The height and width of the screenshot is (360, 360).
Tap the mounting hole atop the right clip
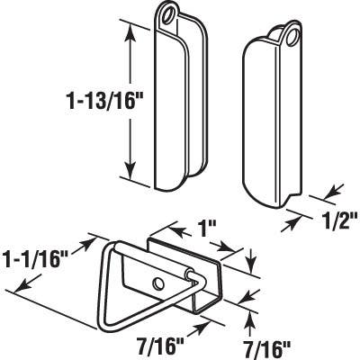tap(293, 35)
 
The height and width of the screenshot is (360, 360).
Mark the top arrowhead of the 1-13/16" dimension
tap(132, 29)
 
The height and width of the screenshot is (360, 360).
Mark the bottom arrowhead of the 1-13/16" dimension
tap(132, 176)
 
